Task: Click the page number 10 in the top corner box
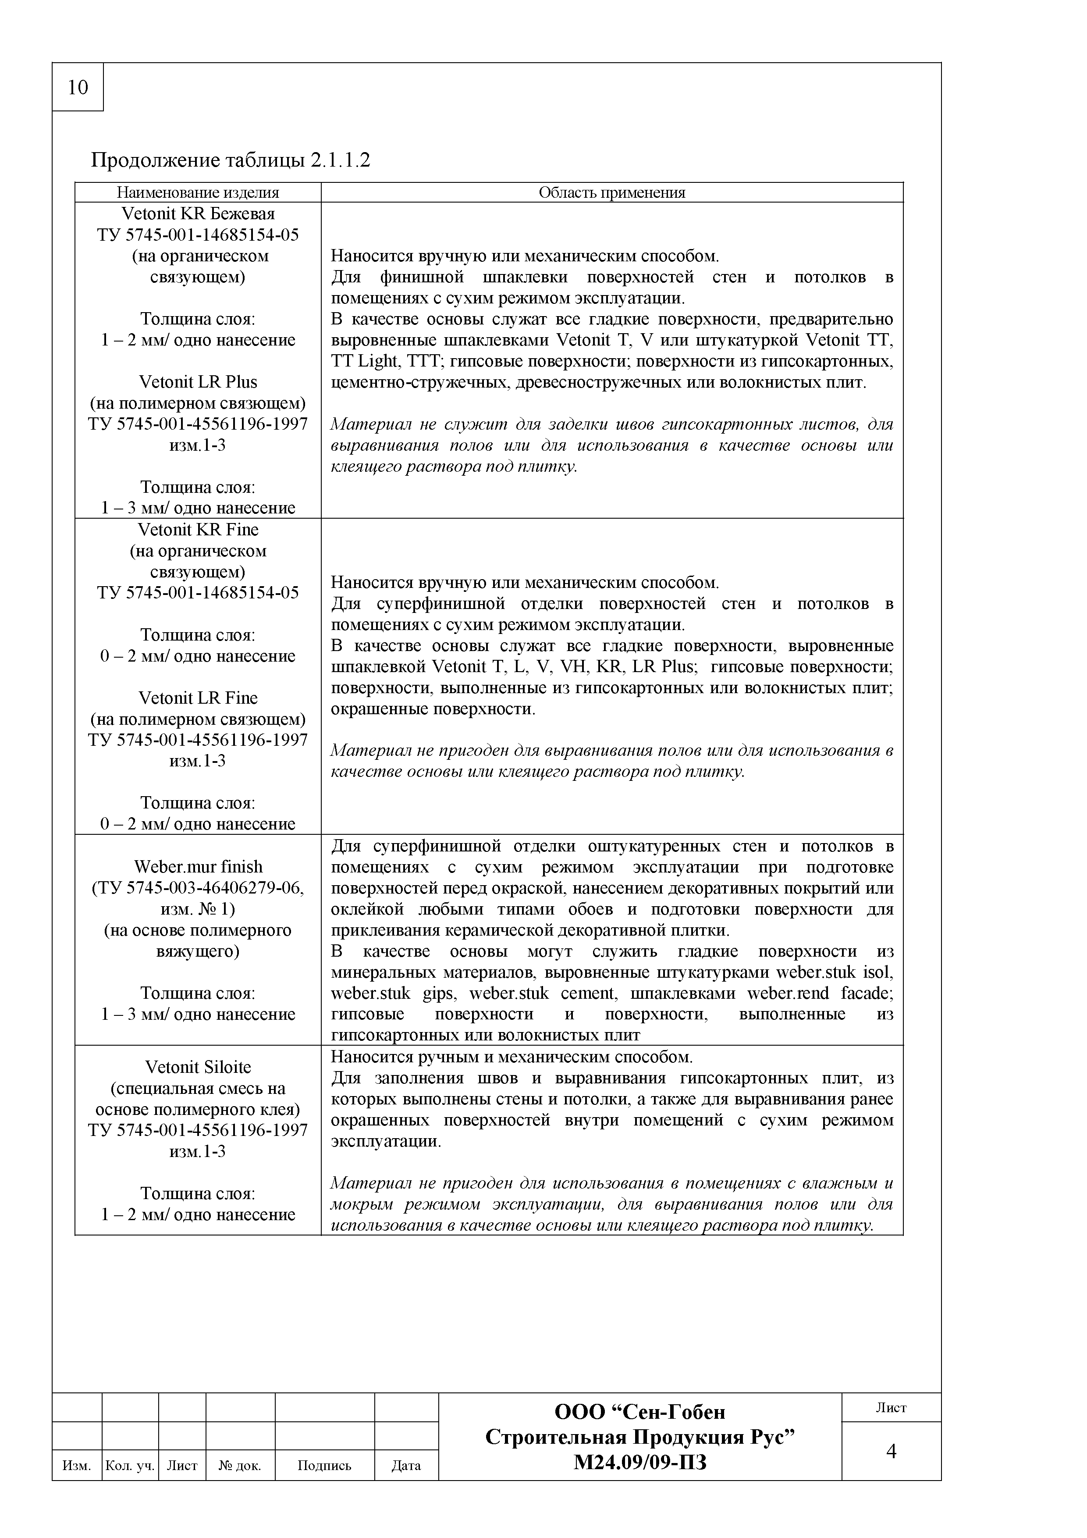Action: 78,87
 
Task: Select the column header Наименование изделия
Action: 198,193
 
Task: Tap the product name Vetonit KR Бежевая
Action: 198,214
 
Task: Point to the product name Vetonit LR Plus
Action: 198,382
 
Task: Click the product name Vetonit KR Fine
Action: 198,530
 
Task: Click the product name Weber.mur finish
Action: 198,867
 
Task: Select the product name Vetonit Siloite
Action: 198,1067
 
